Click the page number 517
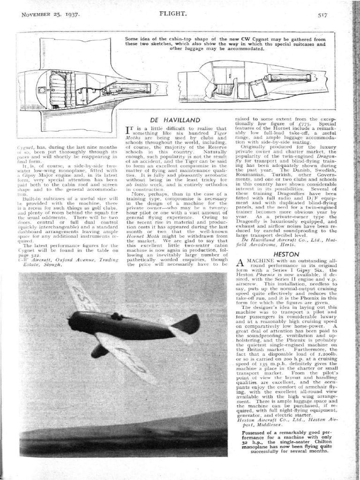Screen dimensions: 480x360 pyautogui.click(x=322, y=15)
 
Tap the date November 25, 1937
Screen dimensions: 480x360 pyautogui.click(x=50, y=15)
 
